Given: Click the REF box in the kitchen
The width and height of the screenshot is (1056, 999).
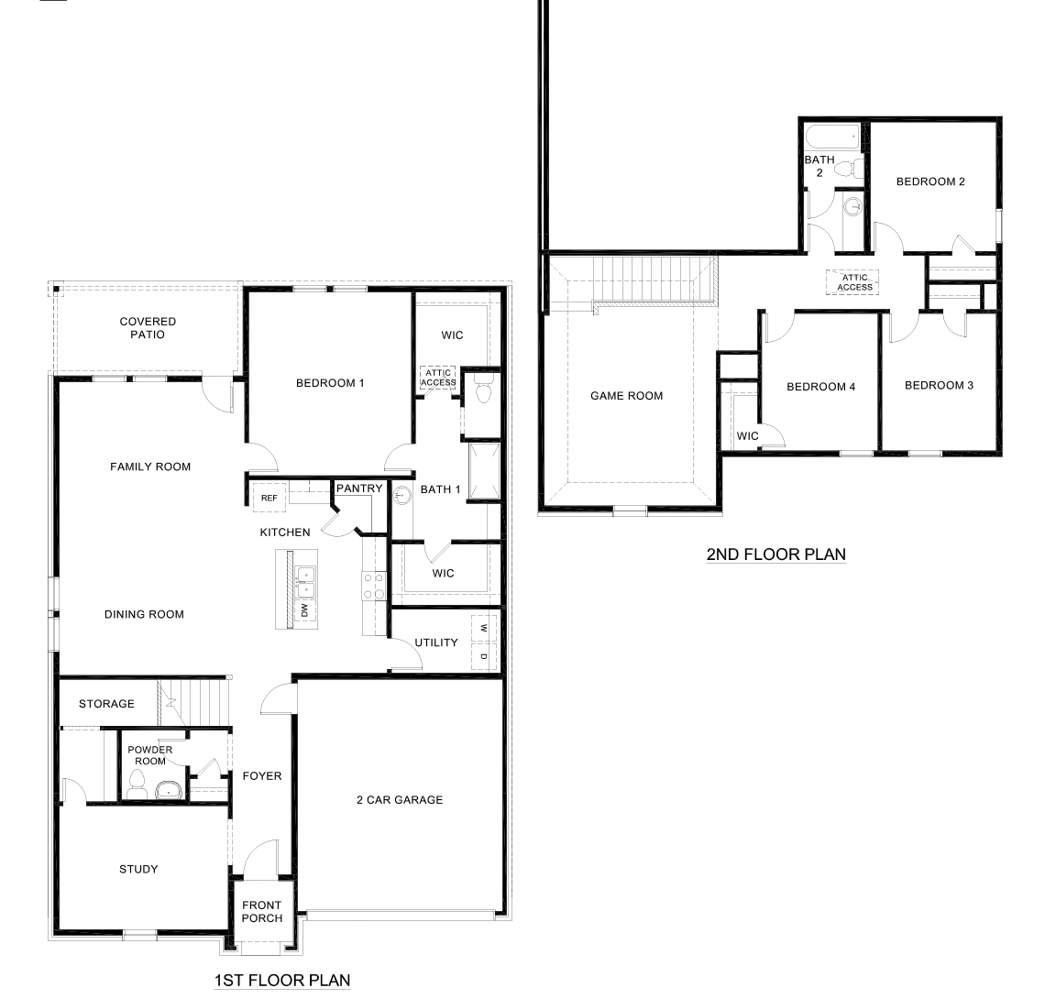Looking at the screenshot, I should pyautogui.click(x=269, y=498).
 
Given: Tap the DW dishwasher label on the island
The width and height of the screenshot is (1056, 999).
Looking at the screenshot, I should pyautogui.click(x=303, y=610).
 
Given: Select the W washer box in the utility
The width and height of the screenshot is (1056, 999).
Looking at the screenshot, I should pyautogui.click(x=483, y=628).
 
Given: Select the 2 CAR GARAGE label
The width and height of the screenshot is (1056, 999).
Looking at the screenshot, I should pyautogui.click(x=399, y=800).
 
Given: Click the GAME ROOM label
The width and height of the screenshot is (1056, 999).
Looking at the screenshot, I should pyautogui.click(x=626, y=396).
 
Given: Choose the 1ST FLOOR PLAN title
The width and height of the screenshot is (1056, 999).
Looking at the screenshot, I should pyautogui.click(x=281, y=981).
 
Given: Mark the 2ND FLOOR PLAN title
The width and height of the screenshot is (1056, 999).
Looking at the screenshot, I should pyautogui.click(x=775, y=554).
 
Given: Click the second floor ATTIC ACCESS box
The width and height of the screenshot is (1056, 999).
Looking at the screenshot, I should pyautogui.click(x=854, y=281).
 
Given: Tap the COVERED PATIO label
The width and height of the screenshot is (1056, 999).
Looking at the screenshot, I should pyautogui.click(x=148, y=328).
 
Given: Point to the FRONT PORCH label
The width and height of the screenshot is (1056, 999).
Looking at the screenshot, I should pyautogui.click(x=262, y=911).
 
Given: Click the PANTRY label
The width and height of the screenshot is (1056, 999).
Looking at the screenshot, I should pyautogui.click(x=358, y=489).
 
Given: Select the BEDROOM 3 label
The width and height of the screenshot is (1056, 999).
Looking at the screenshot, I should pyautogui.click(x=939, y=385).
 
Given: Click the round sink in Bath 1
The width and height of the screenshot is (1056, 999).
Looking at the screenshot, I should pyautogui.click(x=401, y=496).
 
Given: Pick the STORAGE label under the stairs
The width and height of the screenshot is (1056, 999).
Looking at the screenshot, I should pyautogui.click(x=106, y=704).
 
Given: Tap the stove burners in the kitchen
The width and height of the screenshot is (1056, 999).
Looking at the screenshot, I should pyautogui.click(x=373, y=587).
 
